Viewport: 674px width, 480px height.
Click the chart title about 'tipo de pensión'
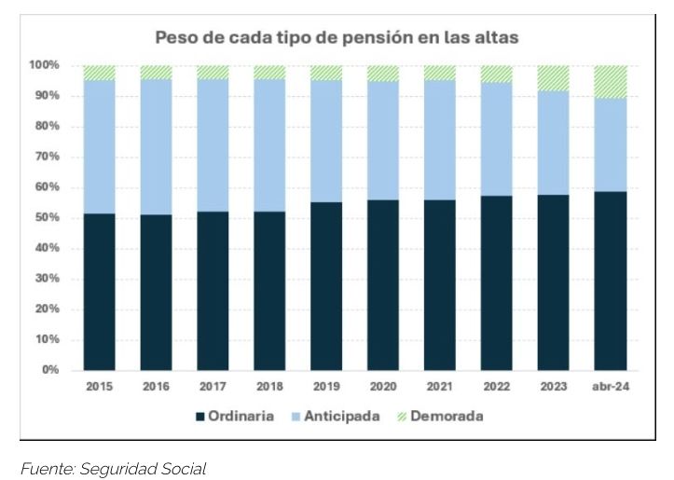337,38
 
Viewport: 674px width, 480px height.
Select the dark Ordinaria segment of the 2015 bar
100,292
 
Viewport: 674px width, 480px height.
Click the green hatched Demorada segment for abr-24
612,82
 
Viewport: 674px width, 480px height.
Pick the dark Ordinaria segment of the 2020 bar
383,285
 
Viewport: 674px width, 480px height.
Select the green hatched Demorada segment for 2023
555,78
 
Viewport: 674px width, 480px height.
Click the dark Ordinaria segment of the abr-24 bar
612,281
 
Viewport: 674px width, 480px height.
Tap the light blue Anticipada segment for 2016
157,147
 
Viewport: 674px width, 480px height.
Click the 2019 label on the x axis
326,386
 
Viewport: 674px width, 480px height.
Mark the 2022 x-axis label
497,386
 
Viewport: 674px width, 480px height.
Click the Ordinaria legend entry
234,417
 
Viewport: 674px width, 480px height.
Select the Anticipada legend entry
337,417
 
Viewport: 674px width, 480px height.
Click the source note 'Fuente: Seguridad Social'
113,469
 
